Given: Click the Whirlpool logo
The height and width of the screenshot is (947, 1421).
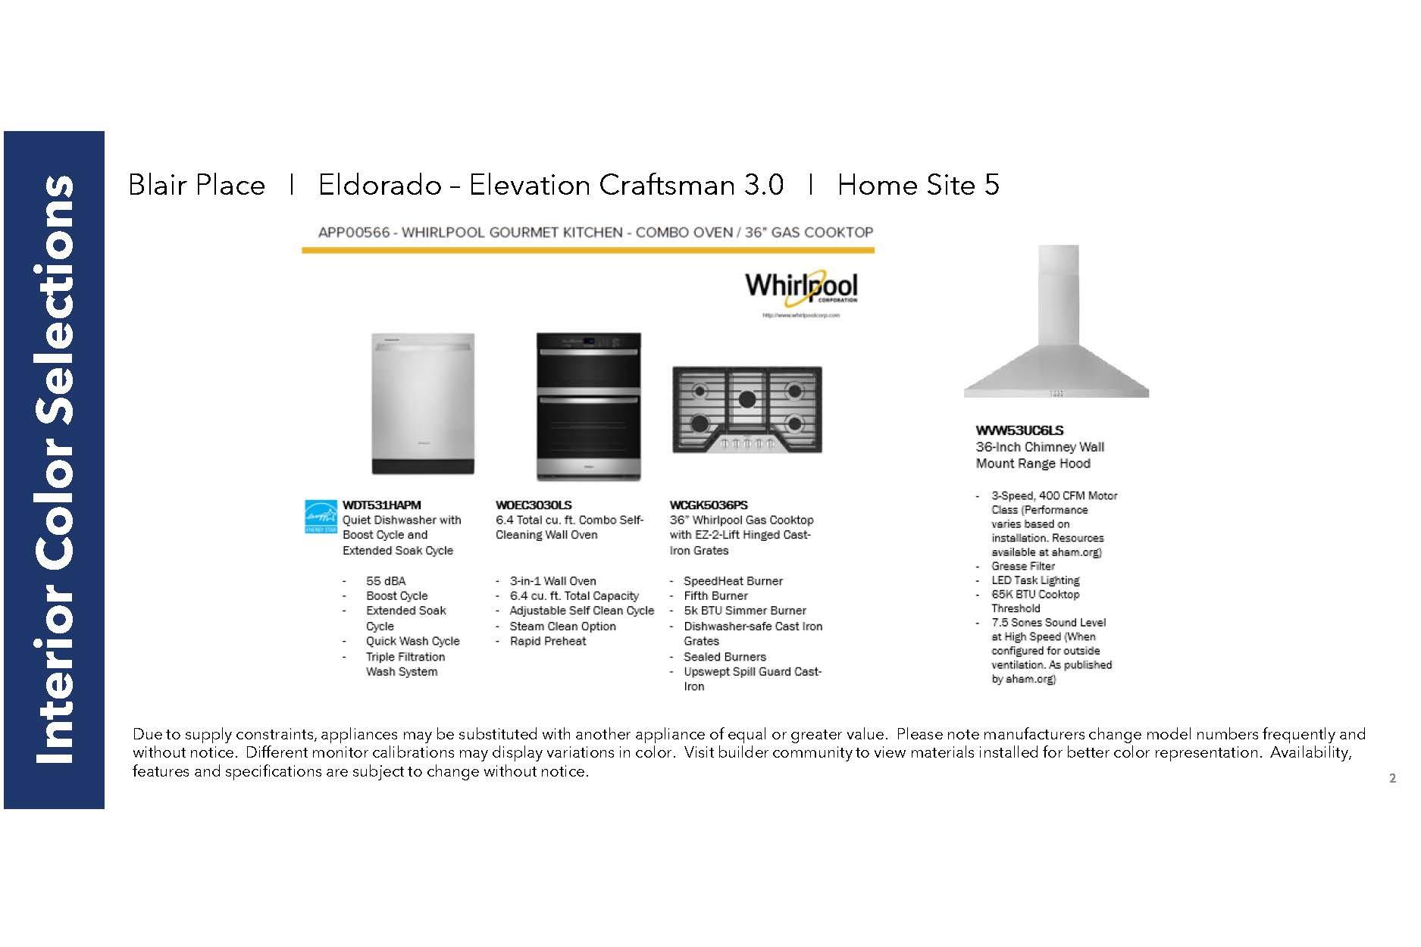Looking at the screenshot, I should coord(801,288).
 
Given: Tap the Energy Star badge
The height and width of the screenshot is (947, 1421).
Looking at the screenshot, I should coord(321,517).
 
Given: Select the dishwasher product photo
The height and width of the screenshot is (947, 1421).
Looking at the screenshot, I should coord(423,404).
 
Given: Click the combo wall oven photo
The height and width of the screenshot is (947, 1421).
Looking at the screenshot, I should coord(588,406).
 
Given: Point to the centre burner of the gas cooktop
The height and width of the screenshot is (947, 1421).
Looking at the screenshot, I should coord(747,398).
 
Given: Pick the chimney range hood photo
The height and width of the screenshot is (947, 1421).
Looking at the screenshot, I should coord(1056,322).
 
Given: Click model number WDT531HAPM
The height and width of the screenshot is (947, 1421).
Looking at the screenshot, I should coord(381,505).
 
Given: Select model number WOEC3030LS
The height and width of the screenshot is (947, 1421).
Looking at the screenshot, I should coord(534,505).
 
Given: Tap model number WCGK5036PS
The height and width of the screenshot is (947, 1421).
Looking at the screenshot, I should coord(709,505).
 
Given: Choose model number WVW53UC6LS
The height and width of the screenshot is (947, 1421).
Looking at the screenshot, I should coord(1019,430).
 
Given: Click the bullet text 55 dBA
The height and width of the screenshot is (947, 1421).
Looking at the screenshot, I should coord(386,581).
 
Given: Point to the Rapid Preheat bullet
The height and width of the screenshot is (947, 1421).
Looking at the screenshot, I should coord(548,641).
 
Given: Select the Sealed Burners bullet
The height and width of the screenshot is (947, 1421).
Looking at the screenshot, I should coord(725,657).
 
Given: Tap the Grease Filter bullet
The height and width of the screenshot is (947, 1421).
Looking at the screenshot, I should coord(1023,566).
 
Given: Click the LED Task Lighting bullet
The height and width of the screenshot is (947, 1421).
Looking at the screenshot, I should coord(1035,580).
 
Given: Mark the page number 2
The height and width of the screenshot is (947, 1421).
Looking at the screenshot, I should coord(1392,778).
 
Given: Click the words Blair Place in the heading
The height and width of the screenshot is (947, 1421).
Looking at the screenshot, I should coord(197,185).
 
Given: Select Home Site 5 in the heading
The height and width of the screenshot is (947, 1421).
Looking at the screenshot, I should coord(918,185).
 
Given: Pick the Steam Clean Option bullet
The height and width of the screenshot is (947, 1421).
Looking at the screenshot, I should coord(562,627).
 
